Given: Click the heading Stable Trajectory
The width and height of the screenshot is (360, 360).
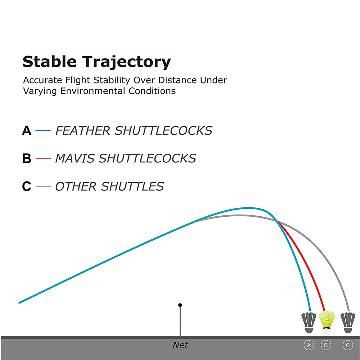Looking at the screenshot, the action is point(96,62).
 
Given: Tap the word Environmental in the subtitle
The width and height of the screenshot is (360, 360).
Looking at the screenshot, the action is point(93,91).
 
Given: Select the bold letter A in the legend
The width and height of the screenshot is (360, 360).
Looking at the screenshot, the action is point(27,131).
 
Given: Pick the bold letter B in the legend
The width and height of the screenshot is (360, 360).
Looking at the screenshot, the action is point(27,158).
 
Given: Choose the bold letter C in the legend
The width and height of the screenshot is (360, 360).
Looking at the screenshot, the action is point(27,186).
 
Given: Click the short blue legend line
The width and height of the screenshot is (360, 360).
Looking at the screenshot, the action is point(43,130).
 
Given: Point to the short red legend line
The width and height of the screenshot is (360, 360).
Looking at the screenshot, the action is point(43,158).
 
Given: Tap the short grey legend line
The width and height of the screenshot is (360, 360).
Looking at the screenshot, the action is point(43,186).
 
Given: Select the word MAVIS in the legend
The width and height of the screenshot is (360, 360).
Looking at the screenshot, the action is point(75,158).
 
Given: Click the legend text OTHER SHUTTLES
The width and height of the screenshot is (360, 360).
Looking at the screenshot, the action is point(109,186).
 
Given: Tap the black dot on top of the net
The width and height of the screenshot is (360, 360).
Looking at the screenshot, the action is point(180,305).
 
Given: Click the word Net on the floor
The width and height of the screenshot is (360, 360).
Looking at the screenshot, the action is point(180,345).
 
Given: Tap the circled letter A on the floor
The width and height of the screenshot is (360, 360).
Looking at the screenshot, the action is point(309,345).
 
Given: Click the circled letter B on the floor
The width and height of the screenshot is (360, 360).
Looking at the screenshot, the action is point(326,345).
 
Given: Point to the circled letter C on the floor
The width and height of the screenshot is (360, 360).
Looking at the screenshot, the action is point(348,345).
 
